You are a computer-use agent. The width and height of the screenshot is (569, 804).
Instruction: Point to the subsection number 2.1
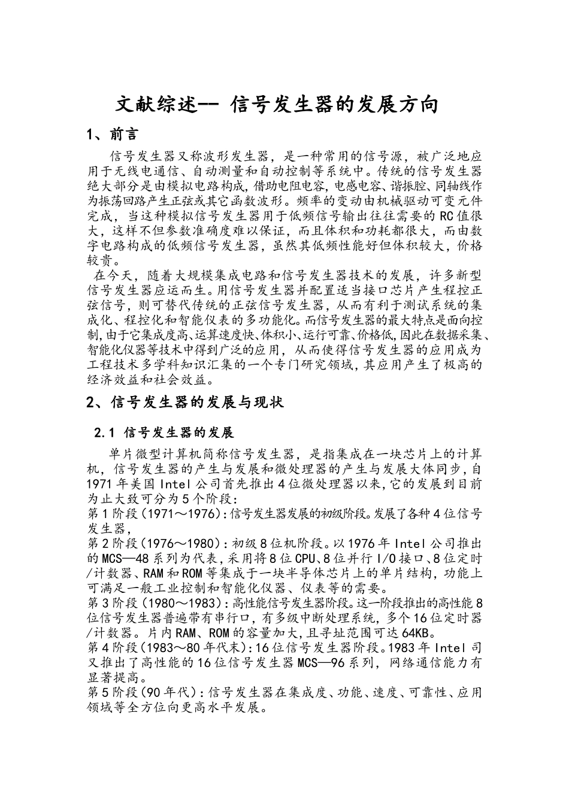point(104,433)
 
